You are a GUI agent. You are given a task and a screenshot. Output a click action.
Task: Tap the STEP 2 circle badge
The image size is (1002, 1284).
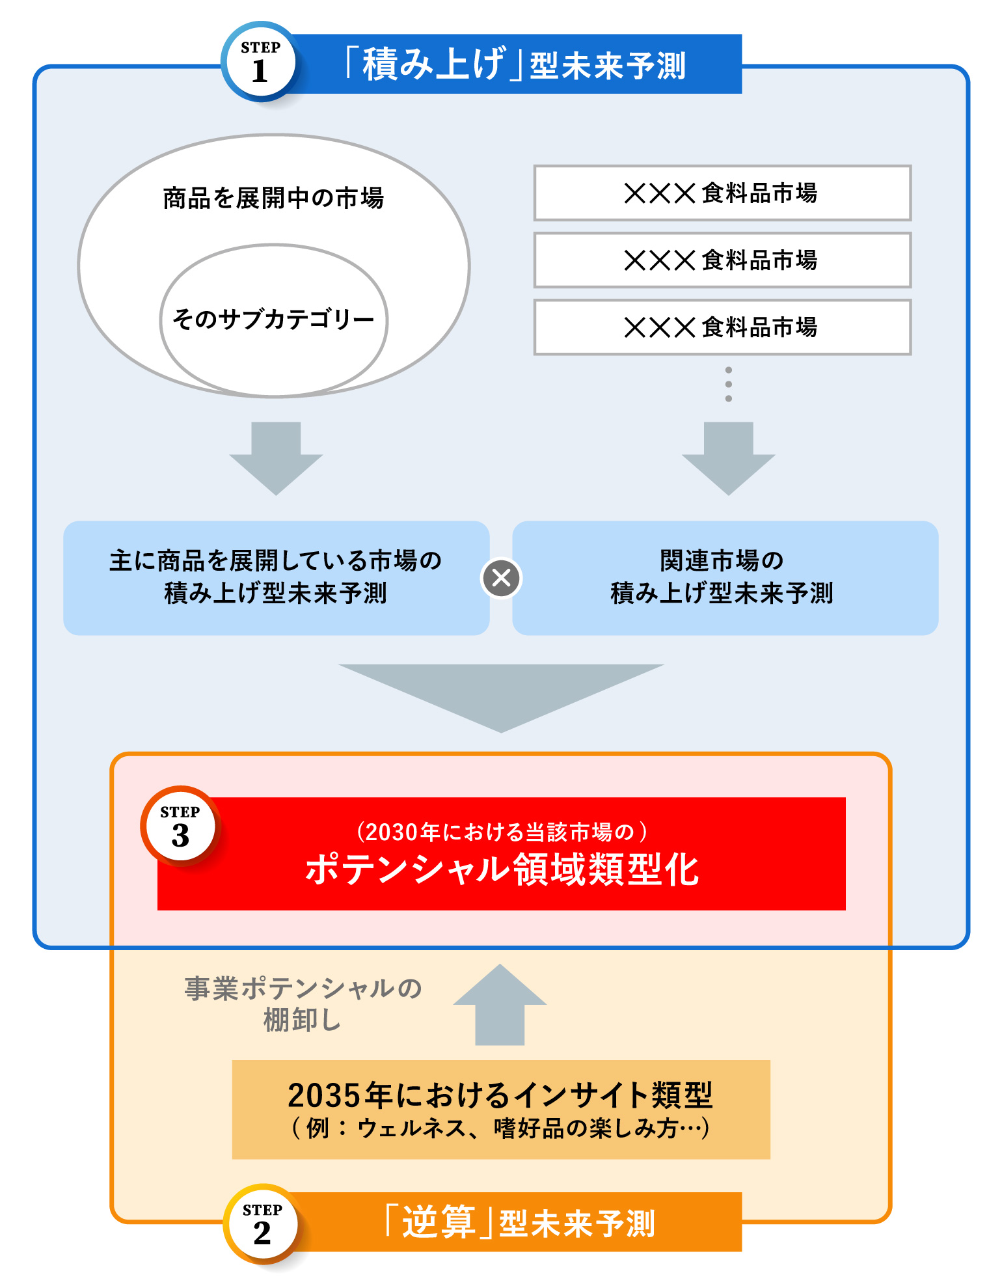[x=262, y=1225]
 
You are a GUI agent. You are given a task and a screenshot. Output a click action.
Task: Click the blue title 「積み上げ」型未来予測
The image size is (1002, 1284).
[x=515, y=64]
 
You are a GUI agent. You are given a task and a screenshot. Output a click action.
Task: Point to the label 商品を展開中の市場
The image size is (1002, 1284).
[x=273, y=198]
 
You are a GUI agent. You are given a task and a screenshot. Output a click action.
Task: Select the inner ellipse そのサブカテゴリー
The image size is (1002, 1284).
[x=273, y=320]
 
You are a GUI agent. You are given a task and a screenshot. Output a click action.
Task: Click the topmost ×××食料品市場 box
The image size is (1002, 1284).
[x=722, y=193]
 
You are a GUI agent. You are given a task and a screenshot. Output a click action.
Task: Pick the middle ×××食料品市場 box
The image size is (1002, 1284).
[x=722, y=260]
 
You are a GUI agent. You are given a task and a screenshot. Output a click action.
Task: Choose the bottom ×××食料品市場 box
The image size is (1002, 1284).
[x=722, y=327]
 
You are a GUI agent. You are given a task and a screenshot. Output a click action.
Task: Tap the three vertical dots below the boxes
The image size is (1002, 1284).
[x=728, y=384]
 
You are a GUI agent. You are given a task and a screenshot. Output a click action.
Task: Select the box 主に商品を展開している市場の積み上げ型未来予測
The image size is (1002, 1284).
[x=276, y=577]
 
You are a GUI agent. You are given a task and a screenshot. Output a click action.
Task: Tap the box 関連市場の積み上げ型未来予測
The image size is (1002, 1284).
[x=725, y=577]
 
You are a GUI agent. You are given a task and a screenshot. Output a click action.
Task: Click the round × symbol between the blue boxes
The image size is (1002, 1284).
[x=501, y=578]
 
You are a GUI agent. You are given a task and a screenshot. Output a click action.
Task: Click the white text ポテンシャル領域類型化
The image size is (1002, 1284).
[x=502, y=869]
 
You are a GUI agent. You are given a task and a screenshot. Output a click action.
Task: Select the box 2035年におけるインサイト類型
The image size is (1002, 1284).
[x=501, y=1109]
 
